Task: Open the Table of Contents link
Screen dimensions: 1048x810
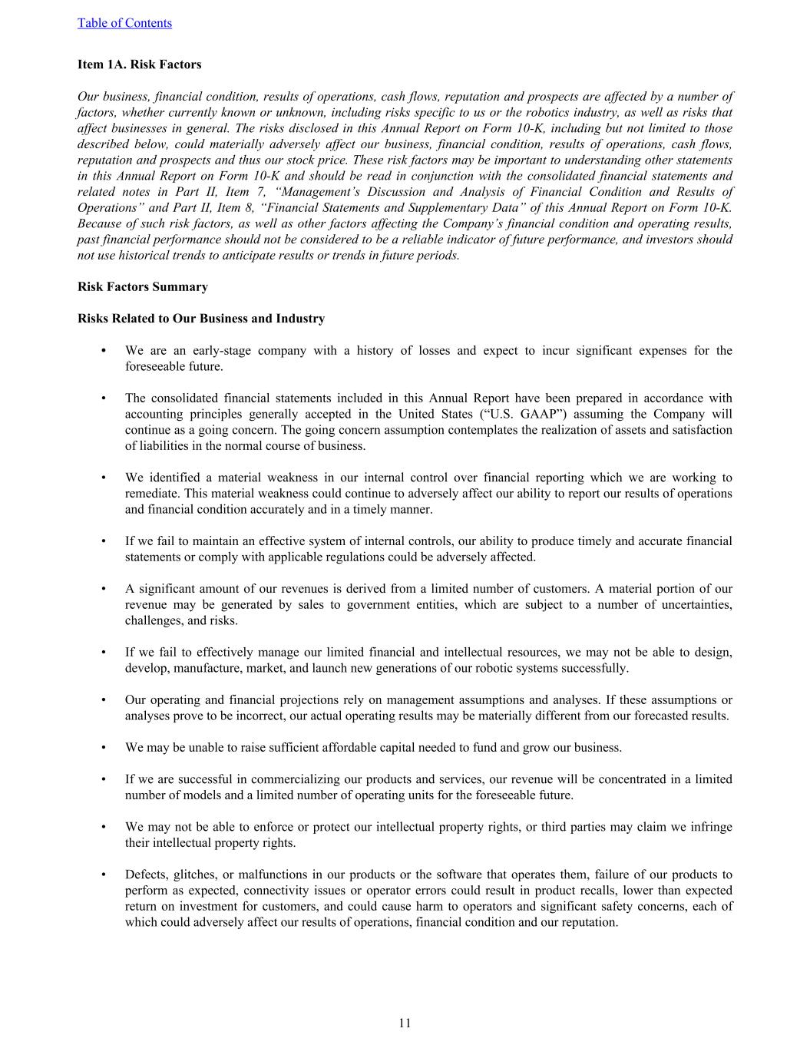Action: pyautogui.click(x=124, y=23)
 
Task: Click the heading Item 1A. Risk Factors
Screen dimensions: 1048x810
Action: pyautogui.click(x=139, y=64)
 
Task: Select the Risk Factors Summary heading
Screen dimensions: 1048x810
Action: pyautogui.click(x=142, y=287)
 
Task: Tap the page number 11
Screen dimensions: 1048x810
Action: pyautogui.click(x=405, y=1023)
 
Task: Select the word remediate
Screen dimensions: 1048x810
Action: pyautogui.click(x=152, y=494)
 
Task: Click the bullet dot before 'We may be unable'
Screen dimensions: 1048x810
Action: pyautogui.click(x=103, y=748)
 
